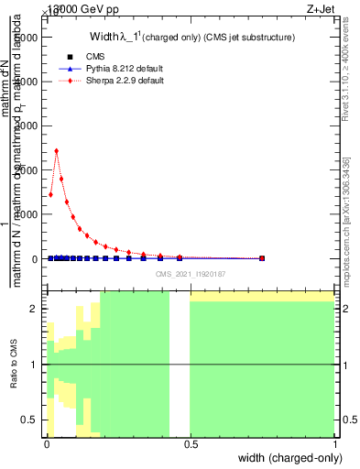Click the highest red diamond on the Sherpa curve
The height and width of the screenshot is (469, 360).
click(x=57, y=151)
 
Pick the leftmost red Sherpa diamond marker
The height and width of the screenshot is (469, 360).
click(x=50, y=194)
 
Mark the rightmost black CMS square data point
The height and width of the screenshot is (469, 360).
click(x=262, y=258)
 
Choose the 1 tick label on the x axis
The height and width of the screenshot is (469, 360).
click(x=335, y=445)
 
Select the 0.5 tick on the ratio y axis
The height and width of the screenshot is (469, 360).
click(x=30, y=420)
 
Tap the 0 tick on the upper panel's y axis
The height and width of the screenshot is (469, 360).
click(x=35, y=259)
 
